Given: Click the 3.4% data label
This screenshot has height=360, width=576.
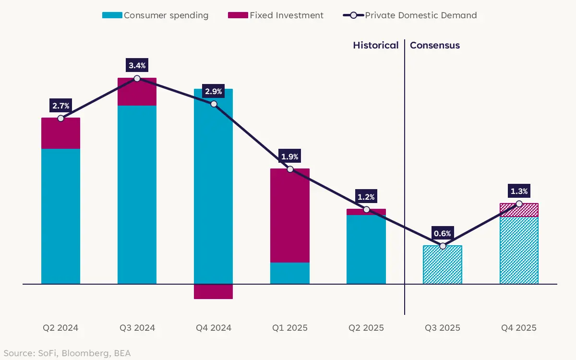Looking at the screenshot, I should pyautogui.click(x=137, y=65).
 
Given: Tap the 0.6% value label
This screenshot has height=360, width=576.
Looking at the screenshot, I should pyautogui.click(x=443, y=233).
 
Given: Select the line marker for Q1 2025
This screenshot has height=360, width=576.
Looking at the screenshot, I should pyautogui.click(x=290, y=169).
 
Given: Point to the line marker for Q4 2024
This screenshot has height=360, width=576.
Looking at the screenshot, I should pyautogui.click(x=214, y=104).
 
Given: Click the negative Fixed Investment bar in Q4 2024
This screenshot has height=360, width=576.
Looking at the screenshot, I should pyautogui.click(x=214, y=291).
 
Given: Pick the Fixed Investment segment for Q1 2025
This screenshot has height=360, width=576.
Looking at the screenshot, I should pyautogui.click(x=290, y=216).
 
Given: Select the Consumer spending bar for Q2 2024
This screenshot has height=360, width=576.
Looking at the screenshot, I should pyautogui.click(x=60, y=216).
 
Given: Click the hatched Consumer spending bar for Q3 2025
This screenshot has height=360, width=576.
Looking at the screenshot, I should pyautogui.click(x=443, y=264).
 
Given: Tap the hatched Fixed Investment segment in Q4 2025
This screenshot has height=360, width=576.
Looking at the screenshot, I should pyautogui.click(x=519, y=210).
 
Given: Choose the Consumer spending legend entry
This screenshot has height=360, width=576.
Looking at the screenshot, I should pyautogui.click(x=156, y=15).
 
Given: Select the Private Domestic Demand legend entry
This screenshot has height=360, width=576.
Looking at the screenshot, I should pyautogui.click(x=410, y=15).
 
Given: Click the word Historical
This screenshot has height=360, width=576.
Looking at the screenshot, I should pyautogui.click(x=376, y=45).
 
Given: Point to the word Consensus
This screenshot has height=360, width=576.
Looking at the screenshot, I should pyautogui.click(x=435, y=45).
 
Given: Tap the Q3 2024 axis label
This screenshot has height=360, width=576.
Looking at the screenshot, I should pyautogui.click(x=137, y=328).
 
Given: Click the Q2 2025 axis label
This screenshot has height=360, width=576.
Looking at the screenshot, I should pyautogui.click(x=366, y=328).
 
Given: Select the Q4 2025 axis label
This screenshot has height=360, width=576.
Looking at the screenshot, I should pyautogui.click(x=519, y=328).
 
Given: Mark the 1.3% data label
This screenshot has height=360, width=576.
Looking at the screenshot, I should pyautogui.click(x=519, y=191).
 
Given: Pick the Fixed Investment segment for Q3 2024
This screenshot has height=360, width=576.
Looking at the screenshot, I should pyautogui.click(x=137, y=92).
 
